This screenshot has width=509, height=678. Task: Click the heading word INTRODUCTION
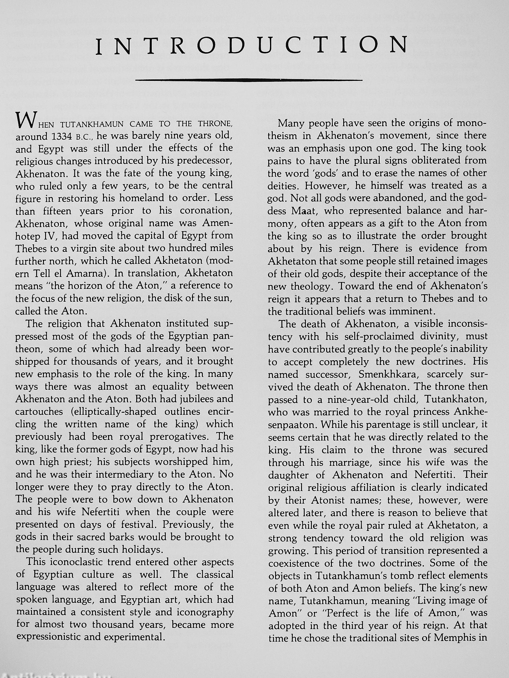coord(252,45)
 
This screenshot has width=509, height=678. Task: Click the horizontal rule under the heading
coord(249,80)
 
